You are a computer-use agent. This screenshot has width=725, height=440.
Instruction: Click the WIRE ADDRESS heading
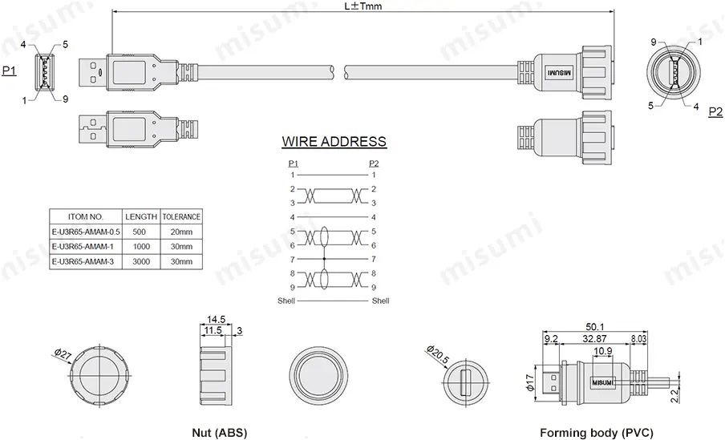(x=334, y=143)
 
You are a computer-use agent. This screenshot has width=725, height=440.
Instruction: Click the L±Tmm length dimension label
(x=362, y=6)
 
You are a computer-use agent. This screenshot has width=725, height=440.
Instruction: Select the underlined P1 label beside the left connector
(x=9, y=71)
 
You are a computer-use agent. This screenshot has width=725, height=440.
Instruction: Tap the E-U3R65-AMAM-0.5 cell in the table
(x=85, y=232)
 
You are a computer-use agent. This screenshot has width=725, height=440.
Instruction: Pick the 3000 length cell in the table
(x=141, y=261)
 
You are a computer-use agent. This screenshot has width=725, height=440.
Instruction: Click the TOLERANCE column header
(x=181, y=216)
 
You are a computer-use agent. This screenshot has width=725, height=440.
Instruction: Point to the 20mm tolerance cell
(x=181, y=232)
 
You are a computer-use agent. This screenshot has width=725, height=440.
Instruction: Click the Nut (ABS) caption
(x=219, y=433)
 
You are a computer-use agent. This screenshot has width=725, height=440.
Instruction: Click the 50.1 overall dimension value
(x=594, y=327)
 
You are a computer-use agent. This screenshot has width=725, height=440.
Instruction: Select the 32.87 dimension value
(x=594, y=339)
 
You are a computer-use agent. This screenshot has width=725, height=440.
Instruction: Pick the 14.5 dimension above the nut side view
(x=216, y=318)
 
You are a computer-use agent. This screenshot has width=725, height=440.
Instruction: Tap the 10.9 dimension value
(x=604, y=351)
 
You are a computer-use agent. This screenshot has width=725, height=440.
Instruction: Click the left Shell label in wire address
(x=286, y=301)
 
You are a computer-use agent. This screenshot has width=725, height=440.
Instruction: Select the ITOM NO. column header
(x=85, y=216)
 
